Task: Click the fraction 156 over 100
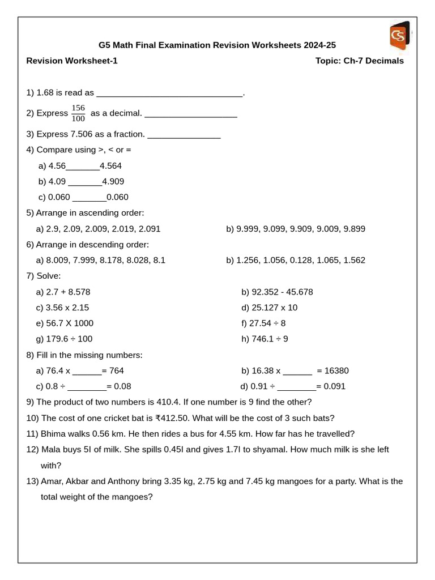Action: point(78,113)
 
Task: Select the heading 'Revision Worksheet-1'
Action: point(72,61)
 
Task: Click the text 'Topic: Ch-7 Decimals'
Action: point(360,61)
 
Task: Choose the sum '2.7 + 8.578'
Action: point(68,292)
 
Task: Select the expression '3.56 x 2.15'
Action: point(67,308)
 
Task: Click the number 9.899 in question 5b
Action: point(352,229)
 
